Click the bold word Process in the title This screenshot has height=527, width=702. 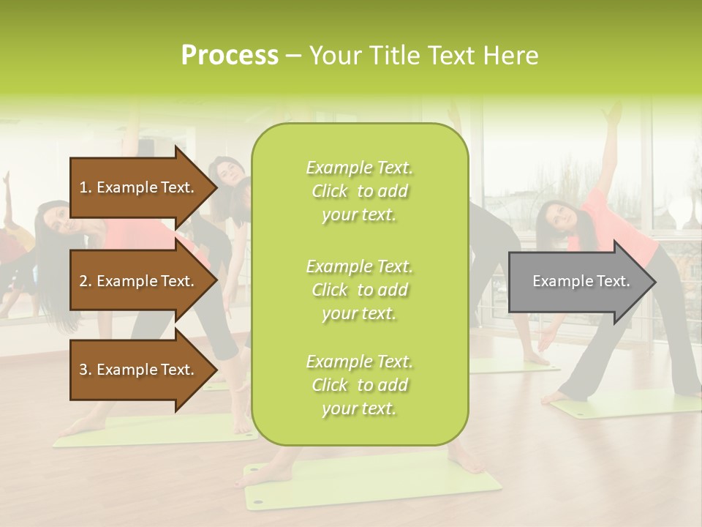pos(230,56)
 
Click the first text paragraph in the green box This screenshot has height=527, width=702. pos(359,191)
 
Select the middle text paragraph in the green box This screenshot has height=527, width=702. pos(359,289)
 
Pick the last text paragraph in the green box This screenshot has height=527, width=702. pos(359,384)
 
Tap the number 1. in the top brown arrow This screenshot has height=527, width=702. pos(86,187)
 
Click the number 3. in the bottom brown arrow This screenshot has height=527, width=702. pos(86,370)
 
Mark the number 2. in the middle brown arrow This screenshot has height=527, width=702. pos(86,281)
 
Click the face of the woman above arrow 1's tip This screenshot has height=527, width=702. pos(228,172)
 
